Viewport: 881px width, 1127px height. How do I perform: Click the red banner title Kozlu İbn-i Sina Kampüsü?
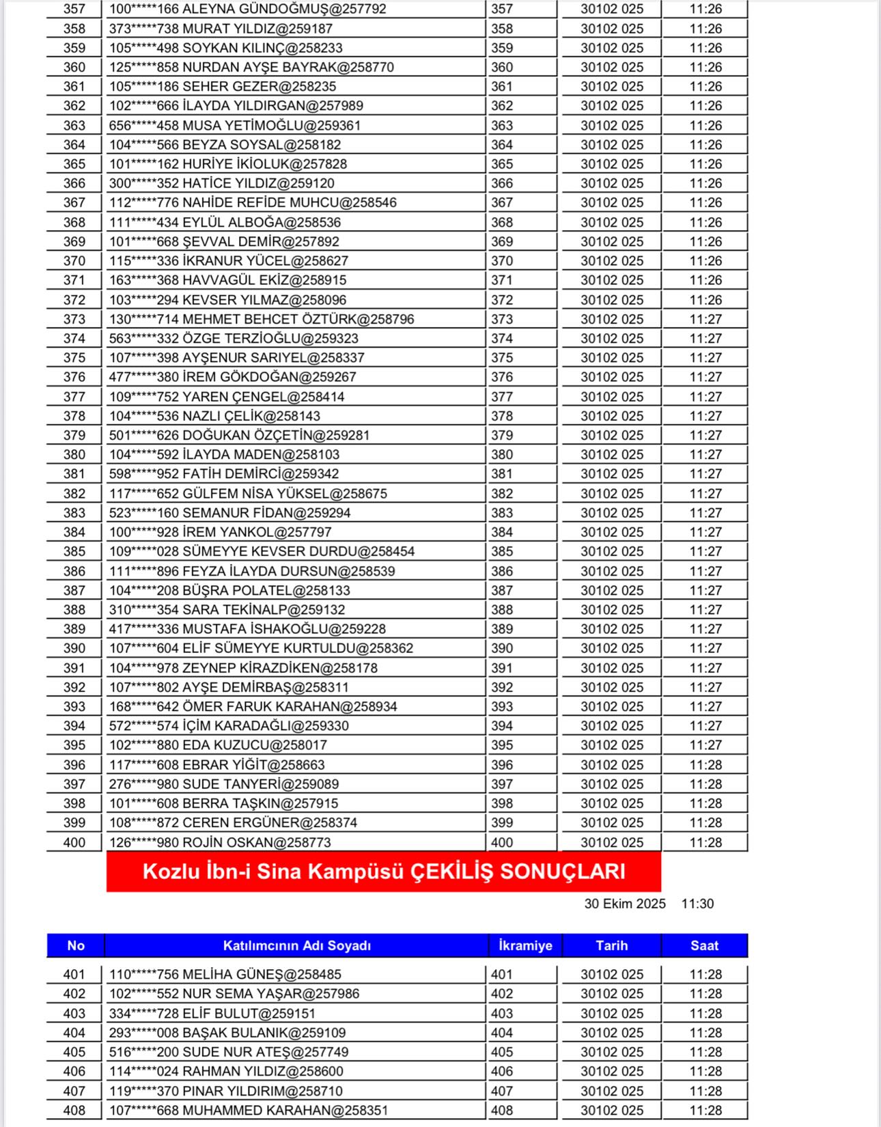tap(383, 872)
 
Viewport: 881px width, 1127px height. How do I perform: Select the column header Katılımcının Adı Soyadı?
tap(296, 945)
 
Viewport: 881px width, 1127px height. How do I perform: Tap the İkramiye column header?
tap(525, 945)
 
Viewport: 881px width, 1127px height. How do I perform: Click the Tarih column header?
tap(611, 945)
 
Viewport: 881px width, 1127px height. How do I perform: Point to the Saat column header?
tap(704, 945)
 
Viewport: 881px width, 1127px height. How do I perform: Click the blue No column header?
tap(75, 945)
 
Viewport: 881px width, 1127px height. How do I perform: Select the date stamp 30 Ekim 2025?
tap(624, 904)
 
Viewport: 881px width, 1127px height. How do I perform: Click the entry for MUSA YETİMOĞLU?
tap(234, 126)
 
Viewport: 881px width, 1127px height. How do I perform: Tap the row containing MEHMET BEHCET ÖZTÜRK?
tap(261, 319)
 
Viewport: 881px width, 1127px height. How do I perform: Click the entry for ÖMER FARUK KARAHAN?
tap(253, 706)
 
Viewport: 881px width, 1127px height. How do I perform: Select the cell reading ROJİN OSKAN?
tap(220, 842)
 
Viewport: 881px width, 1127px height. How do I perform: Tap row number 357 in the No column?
tap(74, 10)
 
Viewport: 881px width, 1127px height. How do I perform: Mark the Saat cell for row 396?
tap(705, 765)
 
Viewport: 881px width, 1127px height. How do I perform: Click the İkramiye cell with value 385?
tap(502, 551)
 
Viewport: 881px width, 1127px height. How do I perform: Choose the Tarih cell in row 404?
tap(611, 1033)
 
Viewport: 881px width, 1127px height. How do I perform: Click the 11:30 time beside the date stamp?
tap(697, 904)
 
